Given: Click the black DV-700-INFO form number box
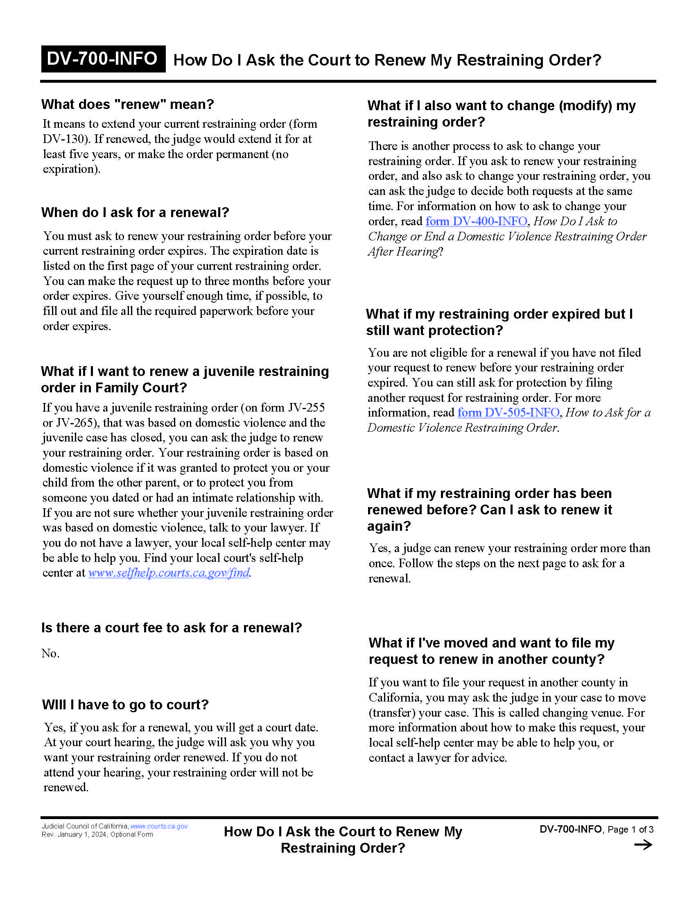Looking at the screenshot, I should (103, 59).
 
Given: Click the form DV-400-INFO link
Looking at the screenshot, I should (476, 222).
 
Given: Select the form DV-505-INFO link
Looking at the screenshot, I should (508, 412).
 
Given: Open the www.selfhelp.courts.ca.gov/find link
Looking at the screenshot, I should (169, 573).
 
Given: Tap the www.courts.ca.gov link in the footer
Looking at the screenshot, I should (159, 826).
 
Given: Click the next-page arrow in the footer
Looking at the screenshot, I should (643, 845).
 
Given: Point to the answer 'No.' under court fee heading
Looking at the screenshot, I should (50, 654).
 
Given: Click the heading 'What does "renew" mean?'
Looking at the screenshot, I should (127, 104).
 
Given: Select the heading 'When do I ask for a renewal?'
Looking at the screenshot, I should (135, 213).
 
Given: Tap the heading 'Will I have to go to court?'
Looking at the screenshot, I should (125, 705).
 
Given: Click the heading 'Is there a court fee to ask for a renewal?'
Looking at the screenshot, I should (172, 628).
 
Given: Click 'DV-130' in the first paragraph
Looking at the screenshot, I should (66, 139).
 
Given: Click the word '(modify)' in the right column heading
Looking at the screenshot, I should (585, 106).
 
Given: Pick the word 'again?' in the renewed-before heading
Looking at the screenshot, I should (389, 526).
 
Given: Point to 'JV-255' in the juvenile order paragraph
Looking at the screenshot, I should (306, 407).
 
